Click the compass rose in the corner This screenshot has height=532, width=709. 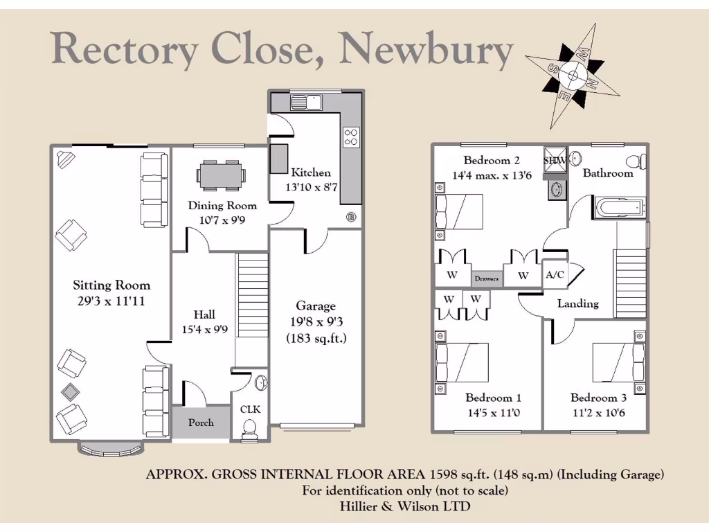(573, 75)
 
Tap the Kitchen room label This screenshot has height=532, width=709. (311, 172)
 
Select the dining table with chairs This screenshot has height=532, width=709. (221, 175)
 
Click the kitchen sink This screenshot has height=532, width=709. (307, 103)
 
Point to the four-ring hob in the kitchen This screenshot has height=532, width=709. (351, 137)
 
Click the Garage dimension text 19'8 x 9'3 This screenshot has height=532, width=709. (316, 322)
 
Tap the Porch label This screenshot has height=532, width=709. (201, 423)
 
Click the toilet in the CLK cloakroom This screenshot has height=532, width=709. (249, 432)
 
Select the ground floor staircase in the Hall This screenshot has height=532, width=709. (252, 294)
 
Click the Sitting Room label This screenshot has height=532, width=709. (111, 285)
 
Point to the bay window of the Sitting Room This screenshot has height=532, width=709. (111, 448)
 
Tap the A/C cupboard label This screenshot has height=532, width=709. (555, 275)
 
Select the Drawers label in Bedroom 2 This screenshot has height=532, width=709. (487, 278)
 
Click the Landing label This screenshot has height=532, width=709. (578, 303)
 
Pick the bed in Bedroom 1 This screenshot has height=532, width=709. (462, 362)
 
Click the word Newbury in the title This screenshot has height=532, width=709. (427, 50)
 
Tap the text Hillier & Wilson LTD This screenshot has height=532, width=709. (405, 506)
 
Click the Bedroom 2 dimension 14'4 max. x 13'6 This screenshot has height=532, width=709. (492, 175)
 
